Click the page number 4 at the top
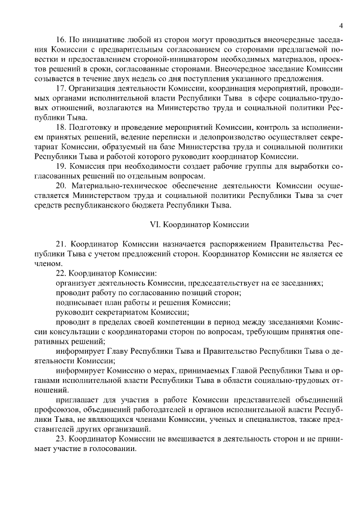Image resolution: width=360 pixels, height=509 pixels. point(341,26)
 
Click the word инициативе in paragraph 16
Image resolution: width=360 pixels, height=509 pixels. point(102,41)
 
